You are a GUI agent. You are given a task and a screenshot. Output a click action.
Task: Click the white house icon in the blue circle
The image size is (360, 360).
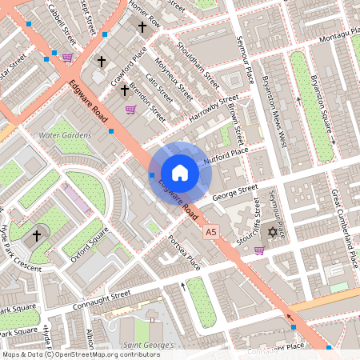point(180,173)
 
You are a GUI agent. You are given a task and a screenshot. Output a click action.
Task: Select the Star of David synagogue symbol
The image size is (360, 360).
point(272,232)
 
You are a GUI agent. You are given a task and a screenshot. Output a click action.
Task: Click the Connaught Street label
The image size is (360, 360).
point(98,295)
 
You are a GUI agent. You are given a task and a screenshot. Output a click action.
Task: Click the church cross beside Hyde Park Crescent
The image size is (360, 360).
point(37,236)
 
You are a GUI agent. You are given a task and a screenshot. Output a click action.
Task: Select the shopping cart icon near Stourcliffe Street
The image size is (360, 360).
point(258,250)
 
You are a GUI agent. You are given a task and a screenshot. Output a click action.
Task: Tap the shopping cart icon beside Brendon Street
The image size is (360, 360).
point(130,110)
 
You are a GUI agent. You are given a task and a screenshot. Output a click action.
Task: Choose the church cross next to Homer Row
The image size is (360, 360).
point(142,26)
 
